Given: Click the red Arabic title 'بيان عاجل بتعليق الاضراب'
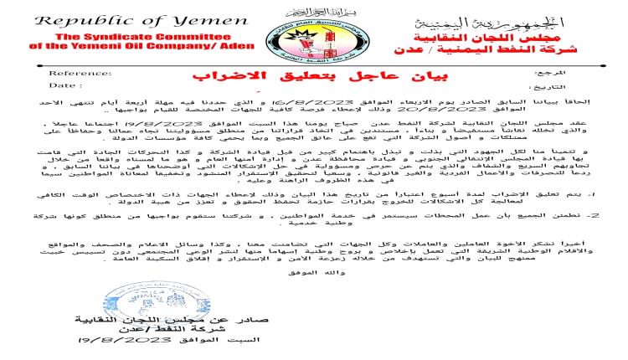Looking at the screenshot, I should click(316, 81).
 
